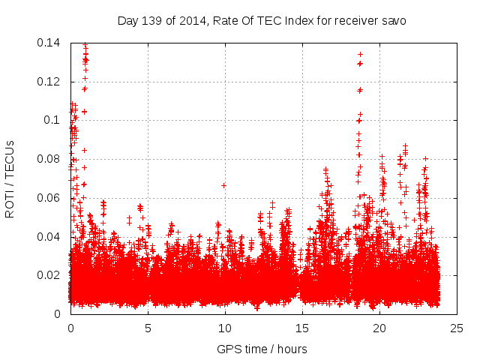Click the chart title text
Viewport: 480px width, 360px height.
pos(262,20)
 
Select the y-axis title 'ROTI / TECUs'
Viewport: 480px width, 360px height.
pos(10,178)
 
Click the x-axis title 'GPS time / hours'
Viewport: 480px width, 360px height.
pos(262,349)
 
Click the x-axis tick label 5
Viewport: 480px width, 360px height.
pos(148,328)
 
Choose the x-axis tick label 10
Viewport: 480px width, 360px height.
pos(225,328)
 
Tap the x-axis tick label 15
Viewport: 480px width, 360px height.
pos(302,328)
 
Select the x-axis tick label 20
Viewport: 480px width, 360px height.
pos(379,328)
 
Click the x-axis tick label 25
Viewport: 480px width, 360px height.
pos(457,328)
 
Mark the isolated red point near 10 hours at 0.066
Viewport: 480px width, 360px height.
pos(223,185)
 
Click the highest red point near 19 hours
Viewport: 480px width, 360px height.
pos(360,54)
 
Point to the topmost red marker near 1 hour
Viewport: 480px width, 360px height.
pos(85,44)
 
